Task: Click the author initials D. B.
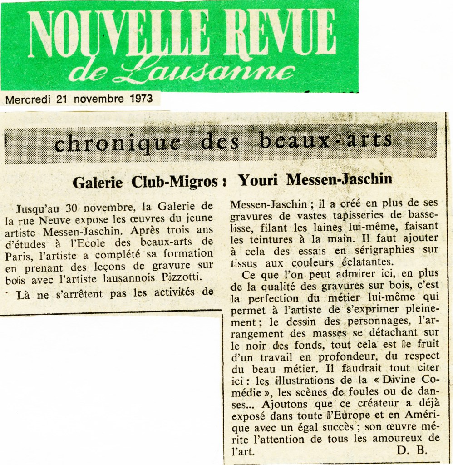(x=411, y=450)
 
